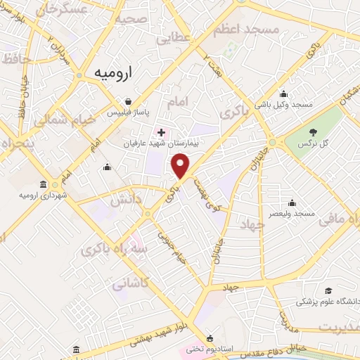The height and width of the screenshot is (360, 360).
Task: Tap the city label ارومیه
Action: click(117, 73)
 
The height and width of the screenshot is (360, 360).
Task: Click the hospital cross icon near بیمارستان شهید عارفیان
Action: click(162, 131)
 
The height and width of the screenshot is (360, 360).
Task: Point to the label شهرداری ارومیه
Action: click(44, 195)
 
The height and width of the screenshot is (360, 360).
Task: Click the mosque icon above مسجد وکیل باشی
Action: click(283, 94)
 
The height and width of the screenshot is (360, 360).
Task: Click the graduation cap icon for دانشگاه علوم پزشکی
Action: click(328, 291)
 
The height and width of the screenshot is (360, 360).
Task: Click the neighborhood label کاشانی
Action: click(131, 284)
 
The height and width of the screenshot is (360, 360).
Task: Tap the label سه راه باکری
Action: click(113, 249)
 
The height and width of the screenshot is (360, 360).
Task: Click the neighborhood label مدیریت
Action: click(339, 328)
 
